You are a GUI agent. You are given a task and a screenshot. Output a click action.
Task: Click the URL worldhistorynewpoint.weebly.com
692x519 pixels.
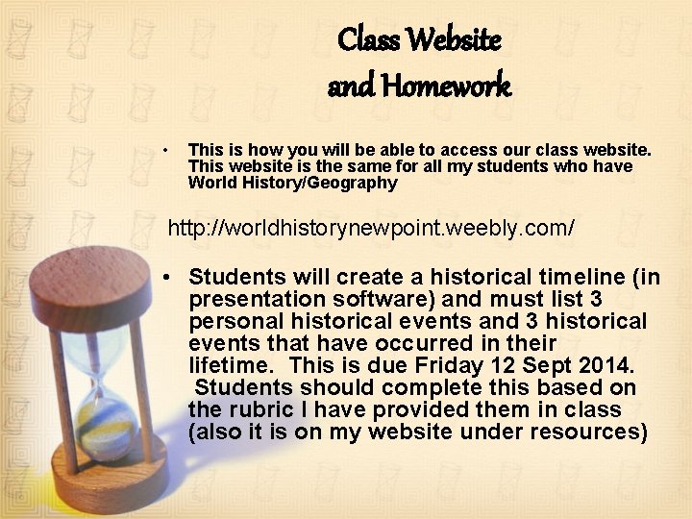point(372,228)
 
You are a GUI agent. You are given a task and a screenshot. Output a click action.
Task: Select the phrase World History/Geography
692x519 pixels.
point(292,183)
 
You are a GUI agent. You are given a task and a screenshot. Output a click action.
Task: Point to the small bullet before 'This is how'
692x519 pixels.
point(166,151)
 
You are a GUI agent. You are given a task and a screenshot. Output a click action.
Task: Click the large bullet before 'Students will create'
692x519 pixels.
point(168,278)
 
